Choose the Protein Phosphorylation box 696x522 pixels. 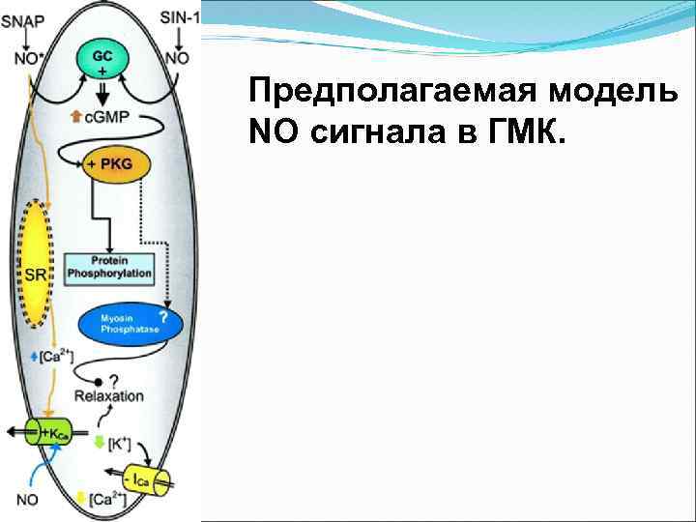pos(109,268)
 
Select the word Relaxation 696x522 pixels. pos(109,396)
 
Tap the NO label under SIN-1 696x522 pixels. pos(178,58)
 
